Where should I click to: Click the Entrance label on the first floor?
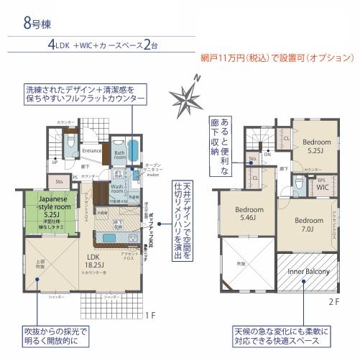point(92,151)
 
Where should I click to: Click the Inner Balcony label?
point(308,272)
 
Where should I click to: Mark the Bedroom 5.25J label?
point(316,146)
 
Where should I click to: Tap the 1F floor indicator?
point(149,314)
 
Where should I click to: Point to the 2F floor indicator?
point(333,303)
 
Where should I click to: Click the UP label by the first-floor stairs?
point(55,163)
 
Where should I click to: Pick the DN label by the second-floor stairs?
point(267,154)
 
